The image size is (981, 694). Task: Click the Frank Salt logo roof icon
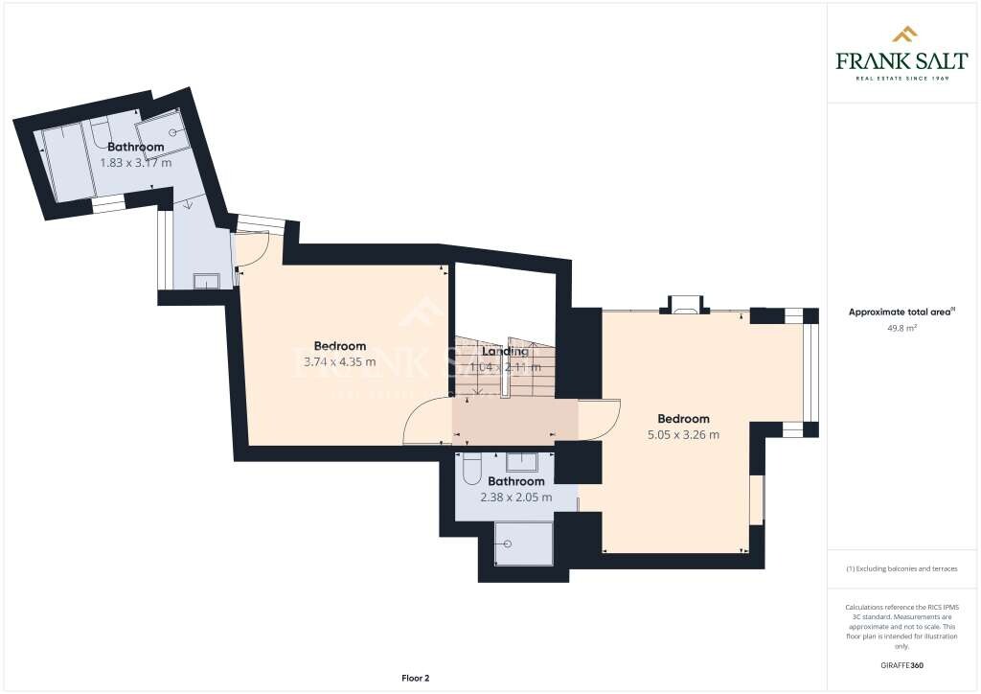coord(903,35)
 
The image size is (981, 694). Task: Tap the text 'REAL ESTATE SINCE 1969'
coord(902,78)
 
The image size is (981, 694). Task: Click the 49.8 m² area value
coord(902,327)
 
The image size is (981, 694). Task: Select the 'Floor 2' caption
coord(415,678)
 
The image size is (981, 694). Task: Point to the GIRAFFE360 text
coord(902,664)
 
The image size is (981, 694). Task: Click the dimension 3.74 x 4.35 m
coord(340,361)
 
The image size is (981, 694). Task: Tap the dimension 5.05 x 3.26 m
coord(683,434)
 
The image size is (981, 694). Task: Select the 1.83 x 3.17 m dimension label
coord(135,162)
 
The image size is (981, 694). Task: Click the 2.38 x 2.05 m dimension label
coord(515,497)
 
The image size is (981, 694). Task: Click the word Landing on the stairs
coord(505,352)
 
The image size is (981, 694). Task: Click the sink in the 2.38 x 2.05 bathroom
coord(522,459)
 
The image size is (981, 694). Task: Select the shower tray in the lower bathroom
coord(523,543)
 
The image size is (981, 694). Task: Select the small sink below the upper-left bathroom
coord(206,281)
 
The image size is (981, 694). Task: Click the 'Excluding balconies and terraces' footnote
coord(902,568)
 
